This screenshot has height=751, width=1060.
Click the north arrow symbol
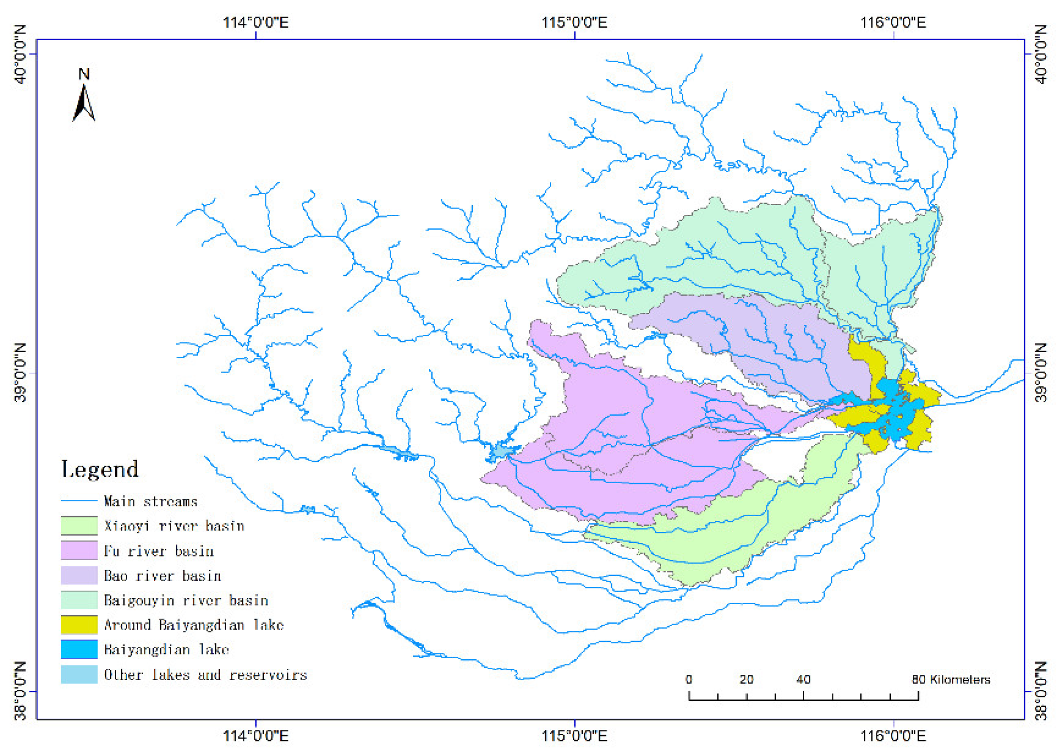pos(84,102)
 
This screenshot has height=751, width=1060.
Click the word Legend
pos(100,469)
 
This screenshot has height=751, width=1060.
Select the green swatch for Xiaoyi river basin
pos(79,526)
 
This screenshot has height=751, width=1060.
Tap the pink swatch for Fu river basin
pos(79,551)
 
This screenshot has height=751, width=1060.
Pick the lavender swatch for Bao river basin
pos(79,575)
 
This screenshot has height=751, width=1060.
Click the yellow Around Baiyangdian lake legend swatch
pos(79,625)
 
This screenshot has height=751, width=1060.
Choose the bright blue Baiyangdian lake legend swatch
pos(79,650)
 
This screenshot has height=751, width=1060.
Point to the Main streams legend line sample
pos(79,501)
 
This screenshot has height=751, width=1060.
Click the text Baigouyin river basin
pos(186,600)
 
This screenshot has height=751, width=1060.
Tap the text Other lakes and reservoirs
pos(206,674)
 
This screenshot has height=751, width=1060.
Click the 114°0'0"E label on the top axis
pos(256,22)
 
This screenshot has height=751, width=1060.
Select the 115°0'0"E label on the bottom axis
pos(574,735)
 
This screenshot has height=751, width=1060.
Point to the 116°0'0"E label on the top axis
pos(893,22)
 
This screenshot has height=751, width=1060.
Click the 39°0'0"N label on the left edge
pos(20,373)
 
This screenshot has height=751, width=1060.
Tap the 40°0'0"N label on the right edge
pos(1040,54)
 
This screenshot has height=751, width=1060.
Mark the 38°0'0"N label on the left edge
pos(20,691)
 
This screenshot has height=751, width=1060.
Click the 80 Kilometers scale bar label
pos(951,679)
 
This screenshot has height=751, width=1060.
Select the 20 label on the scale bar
pos(746,679)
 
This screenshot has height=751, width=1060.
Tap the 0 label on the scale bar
pos(688,679)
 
